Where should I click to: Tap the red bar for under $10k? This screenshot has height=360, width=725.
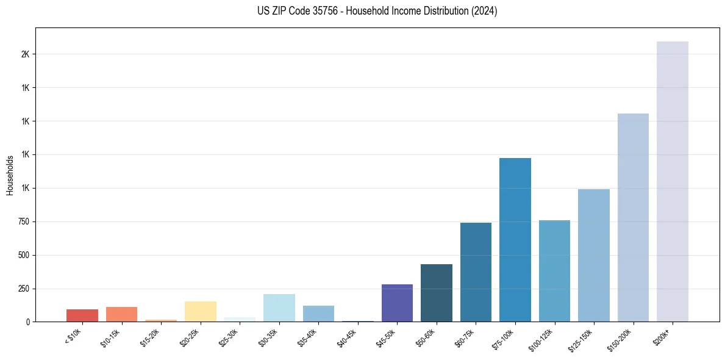pos(82,315)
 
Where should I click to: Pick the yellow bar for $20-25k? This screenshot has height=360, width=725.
pos(200,311)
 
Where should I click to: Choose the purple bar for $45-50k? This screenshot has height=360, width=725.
pos(397,303)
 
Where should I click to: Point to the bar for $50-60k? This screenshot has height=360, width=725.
pos(437,293)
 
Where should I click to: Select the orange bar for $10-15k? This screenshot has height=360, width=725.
pos(121,314)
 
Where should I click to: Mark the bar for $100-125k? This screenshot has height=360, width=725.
pos(554,271)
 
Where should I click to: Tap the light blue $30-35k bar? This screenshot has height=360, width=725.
pos(279,308)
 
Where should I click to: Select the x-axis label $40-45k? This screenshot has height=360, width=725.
pos(347,337)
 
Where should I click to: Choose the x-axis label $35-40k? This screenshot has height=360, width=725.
pos(308,337)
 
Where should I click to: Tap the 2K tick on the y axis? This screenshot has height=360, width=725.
pos(25,54)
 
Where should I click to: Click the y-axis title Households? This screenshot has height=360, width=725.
pos(10,175)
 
